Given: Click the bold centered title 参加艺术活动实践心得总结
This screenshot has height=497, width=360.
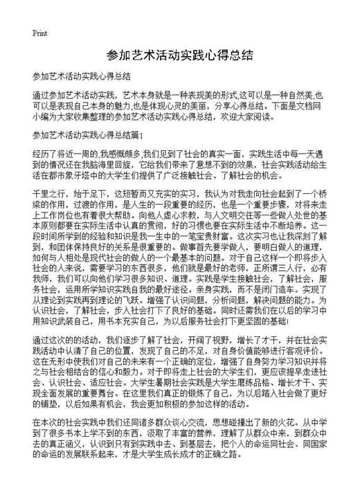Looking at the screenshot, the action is click(179, 55).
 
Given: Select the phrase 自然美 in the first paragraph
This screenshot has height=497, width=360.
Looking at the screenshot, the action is click(300, 94).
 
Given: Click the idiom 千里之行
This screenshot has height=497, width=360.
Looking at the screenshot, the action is click(49, 193).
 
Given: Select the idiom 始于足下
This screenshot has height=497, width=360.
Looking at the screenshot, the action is click(91, 193).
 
